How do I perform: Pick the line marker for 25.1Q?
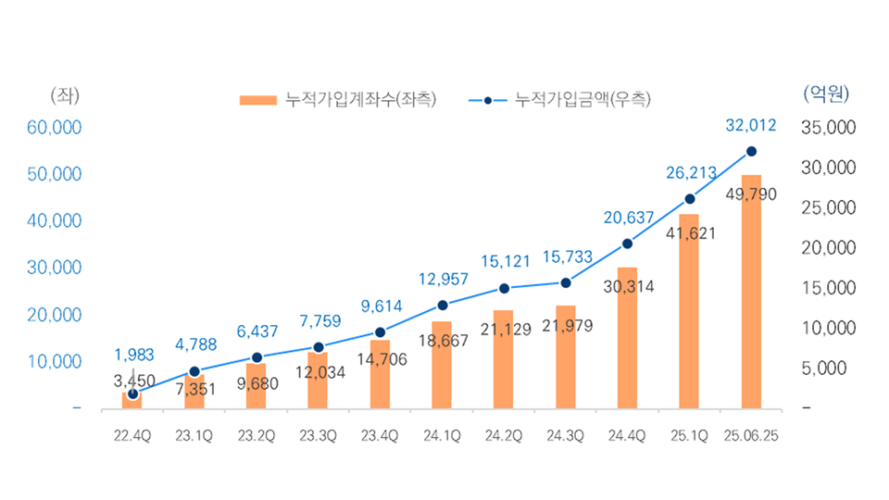coord(689,199)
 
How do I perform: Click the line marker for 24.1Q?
coord(442,306)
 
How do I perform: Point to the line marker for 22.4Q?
coord(132,394)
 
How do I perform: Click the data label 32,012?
coord(751,125)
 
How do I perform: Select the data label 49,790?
coord(751,194)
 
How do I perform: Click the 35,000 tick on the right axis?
coord(827,127)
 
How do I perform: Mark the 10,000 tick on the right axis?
coord(827,328)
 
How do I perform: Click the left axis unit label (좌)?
coord(64,94)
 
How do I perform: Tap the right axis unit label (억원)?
coord(826,94)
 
